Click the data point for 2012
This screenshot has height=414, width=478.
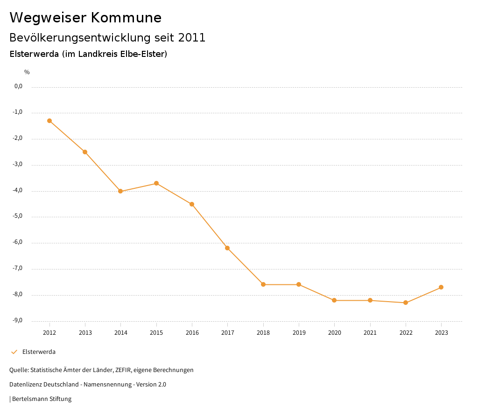[x=49, y=121]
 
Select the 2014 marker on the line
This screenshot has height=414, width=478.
[x=120, y=191]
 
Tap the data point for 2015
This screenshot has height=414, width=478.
[x=156, y=183]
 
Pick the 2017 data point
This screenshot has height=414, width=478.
[x=227, y=248]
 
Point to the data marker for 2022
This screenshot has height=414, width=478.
[x=406, y=303]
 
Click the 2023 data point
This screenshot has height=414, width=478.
[x=441, y=287]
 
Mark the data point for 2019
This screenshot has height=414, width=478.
[x=299, y=284]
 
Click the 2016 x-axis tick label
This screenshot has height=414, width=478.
[x=192, y=333]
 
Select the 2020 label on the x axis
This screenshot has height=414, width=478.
[x=334, y=333]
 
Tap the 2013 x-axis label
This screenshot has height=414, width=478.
[x=85, y=333]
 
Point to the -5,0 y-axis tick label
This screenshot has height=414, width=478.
[x=18, y=216]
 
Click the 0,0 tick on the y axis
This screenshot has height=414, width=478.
[x=19, y=86]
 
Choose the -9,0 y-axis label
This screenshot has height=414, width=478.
[x=18, y=320]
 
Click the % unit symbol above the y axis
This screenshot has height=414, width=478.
[x=27, y=72]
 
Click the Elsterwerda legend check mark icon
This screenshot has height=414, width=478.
[x=14, y=352]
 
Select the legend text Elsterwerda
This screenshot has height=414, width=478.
[x=39, y=352]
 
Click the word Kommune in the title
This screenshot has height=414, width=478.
[x=126, y=18]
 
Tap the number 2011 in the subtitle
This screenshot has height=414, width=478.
[x=192, y=38]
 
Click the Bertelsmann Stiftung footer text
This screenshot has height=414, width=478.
[x=42, y=399]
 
